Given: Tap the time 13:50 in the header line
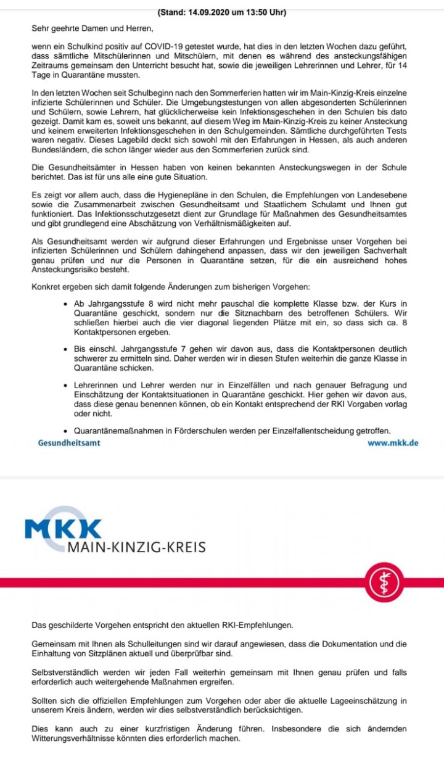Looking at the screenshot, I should click(x=256, y=12).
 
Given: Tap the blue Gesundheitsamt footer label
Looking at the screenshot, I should click(x=68, y=443).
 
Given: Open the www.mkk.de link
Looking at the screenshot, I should click(x=393, y=443).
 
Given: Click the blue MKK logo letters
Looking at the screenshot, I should click(x=63, y=529).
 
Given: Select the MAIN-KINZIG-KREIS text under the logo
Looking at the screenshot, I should click(x=136, y=547).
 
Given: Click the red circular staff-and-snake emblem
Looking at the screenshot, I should click(x=385, y=582).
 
